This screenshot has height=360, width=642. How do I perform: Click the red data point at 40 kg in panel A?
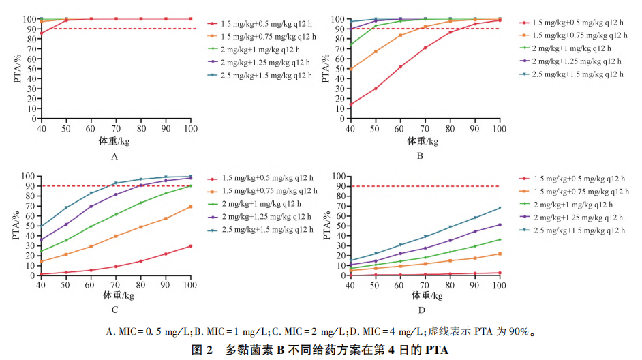[x=42, y=33]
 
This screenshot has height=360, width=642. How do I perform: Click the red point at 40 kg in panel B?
[x=350, y=105]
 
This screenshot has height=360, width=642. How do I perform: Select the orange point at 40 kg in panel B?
[x=350, y=69]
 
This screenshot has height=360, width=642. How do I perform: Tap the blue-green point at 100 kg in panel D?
[x=500, y=208]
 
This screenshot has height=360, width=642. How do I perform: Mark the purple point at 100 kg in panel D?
[x=500, y=224]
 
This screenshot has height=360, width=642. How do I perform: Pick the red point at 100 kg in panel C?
[x=190, y=246]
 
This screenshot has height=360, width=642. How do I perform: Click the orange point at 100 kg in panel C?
[x=190, y=207]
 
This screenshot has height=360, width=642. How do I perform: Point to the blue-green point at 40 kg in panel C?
[x=42, y=226]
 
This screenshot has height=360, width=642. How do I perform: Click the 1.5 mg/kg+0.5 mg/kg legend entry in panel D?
[x=579, y=178]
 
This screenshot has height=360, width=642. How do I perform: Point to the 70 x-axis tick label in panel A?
[x=116, y=128]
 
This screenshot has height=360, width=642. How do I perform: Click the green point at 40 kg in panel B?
[x=350, y=46]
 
